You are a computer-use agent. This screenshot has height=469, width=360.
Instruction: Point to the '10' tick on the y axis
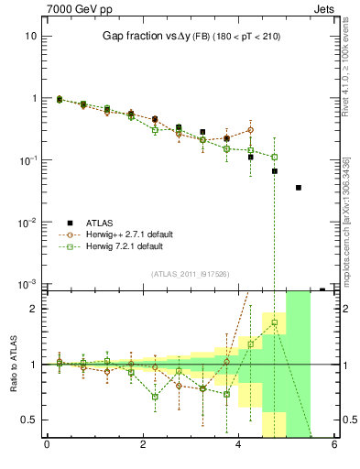point(28,36)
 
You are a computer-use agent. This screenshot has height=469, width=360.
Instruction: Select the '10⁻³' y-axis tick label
point(27,285)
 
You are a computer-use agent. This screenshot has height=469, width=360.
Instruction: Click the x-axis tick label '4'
point(239,445)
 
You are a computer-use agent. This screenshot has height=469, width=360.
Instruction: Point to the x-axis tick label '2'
point(143,445)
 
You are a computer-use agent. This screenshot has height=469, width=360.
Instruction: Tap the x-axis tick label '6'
point(335,445)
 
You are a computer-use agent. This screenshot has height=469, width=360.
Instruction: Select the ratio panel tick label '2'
point(33,309)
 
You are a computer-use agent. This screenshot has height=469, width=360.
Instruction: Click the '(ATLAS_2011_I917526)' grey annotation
point(191,275)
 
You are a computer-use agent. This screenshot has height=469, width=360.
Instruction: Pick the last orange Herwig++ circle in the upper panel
point(250,130)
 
